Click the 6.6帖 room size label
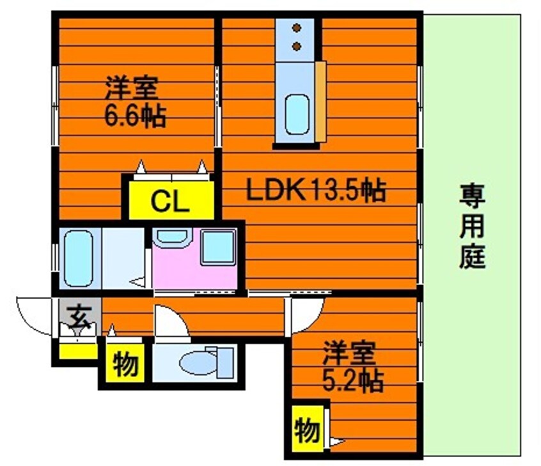(135, 117)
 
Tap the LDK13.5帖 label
(316, 190)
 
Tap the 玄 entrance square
(79, 315)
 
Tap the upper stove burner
(296, 28)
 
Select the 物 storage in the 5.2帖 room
(308, 430)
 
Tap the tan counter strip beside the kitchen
(320, 100)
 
